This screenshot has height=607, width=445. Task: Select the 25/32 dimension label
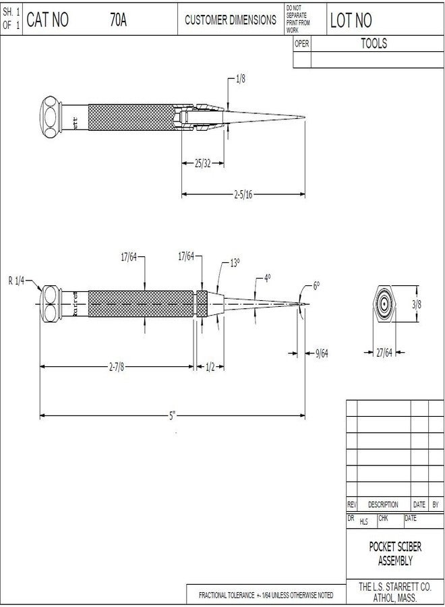[203, 163]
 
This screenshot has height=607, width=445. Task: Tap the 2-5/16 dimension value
[243, 195]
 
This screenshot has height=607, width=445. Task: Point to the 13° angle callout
[235, 264]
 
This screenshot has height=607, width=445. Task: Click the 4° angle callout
[267, 278]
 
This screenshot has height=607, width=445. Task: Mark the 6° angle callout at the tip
[316, 286]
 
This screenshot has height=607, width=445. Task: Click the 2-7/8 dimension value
[117, 367]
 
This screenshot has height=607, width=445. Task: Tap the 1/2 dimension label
[210, 367]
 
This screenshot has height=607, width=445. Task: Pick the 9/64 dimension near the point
[322, 353]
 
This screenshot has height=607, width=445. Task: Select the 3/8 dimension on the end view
[417, 304]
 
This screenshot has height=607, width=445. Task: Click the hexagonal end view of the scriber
[384, 303]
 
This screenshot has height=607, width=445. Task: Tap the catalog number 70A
[119, 20]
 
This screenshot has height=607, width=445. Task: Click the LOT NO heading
[351, 21]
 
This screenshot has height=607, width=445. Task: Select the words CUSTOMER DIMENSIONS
[230, 20]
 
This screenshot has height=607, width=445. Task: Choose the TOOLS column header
[374, 44]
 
